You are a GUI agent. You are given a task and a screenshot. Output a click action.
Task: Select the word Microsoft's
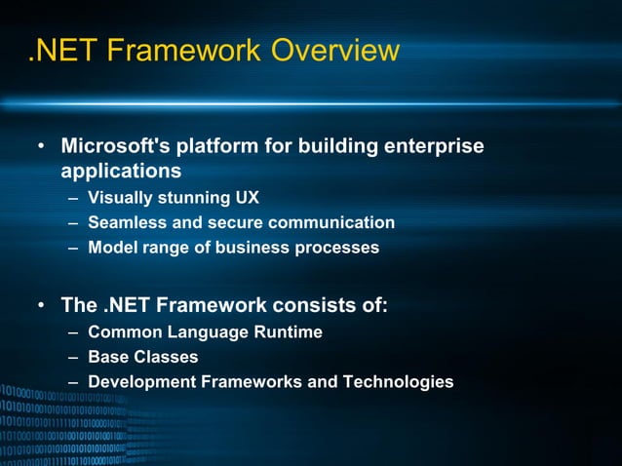point(113,146)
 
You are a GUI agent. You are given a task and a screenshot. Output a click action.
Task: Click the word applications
point(121,171)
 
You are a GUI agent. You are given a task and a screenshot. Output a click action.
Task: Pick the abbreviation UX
point(247,198)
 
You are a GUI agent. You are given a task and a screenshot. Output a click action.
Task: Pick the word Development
point(140,382)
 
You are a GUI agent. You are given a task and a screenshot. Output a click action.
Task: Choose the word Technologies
point(398,382)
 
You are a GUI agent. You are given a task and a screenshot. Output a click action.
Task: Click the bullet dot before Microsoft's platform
point(41,147)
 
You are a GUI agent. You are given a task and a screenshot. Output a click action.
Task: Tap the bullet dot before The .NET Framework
point(41,306)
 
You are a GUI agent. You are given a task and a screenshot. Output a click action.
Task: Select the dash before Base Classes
point(74,358)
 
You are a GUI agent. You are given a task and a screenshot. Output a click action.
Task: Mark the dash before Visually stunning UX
point(74,199)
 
